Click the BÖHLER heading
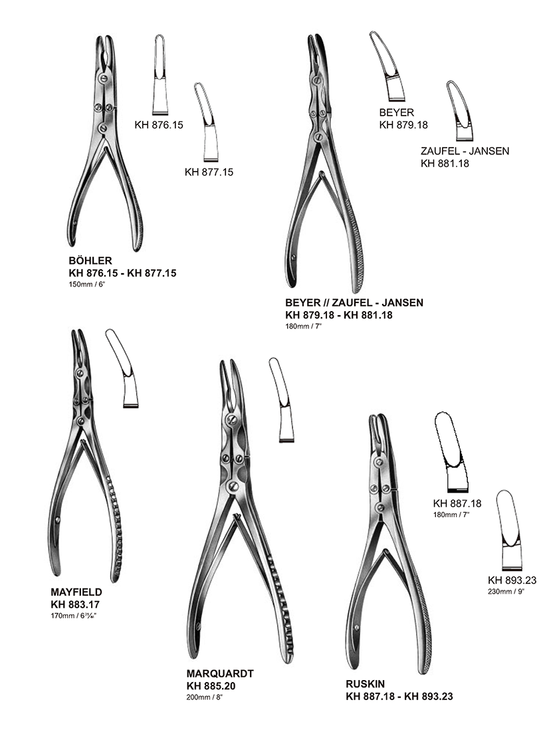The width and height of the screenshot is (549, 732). tap(90, 261)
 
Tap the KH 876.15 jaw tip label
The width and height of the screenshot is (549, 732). tap(159, 124)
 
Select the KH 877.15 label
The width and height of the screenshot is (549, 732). tap(209, 172)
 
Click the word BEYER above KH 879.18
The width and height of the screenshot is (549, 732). tap(397, 112)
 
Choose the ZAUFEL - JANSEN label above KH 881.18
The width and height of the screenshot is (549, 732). tap(465, 151)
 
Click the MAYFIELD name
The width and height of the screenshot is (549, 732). tap(76, 592)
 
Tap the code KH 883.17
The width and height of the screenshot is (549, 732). tap(75, 604)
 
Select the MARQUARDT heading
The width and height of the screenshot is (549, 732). tap(221, 673)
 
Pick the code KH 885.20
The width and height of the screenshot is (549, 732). tap(211, 685)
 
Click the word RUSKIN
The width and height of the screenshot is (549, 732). tap(366, 684)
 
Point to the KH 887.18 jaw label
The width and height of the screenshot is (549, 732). tap(457, 503)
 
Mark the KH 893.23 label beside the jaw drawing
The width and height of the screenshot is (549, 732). tap(512, 580)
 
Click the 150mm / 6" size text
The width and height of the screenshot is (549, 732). tap(87, 285)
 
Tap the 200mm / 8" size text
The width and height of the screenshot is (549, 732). tap(205, 697)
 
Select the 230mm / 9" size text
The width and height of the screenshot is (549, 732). tap(506, 592)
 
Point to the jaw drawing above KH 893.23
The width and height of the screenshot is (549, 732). tap(509, 531)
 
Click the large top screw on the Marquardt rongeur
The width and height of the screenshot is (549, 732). tap(231, 420)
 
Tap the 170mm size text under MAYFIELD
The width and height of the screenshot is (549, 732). tap(74, 616)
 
